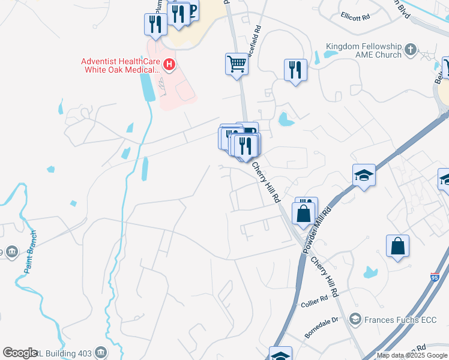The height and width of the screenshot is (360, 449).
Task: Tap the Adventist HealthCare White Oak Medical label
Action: click(x=123, y=65)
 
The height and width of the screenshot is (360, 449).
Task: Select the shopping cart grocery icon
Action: click(x=237, y=63)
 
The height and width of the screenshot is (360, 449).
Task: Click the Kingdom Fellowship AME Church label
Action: click(x=363, y=50)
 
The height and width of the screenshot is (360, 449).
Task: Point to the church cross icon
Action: click(x=411, y=49)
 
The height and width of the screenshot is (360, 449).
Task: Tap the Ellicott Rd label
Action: click(x=355, y=17)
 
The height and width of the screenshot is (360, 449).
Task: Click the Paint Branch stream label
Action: click(x=31, y=252)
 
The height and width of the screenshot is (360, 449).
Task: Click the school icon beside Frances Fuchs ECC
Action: click(x=355, y=319)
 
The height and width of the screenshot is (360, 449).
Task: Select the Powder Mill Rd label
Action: click(x=318, y=230)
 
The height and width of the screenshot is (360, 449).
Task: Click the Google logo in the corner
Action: click(x=20, y=353)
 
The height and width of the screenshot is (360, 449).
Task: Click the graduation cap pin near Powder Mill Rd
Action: click(x=364, y=175)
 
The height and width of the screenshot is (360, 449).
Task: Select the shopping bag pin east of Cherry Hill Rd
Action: click(x=397, y=246)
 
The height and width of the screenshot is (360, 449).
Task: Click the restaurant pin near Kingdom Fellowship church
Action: click(x=296, y=70)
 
